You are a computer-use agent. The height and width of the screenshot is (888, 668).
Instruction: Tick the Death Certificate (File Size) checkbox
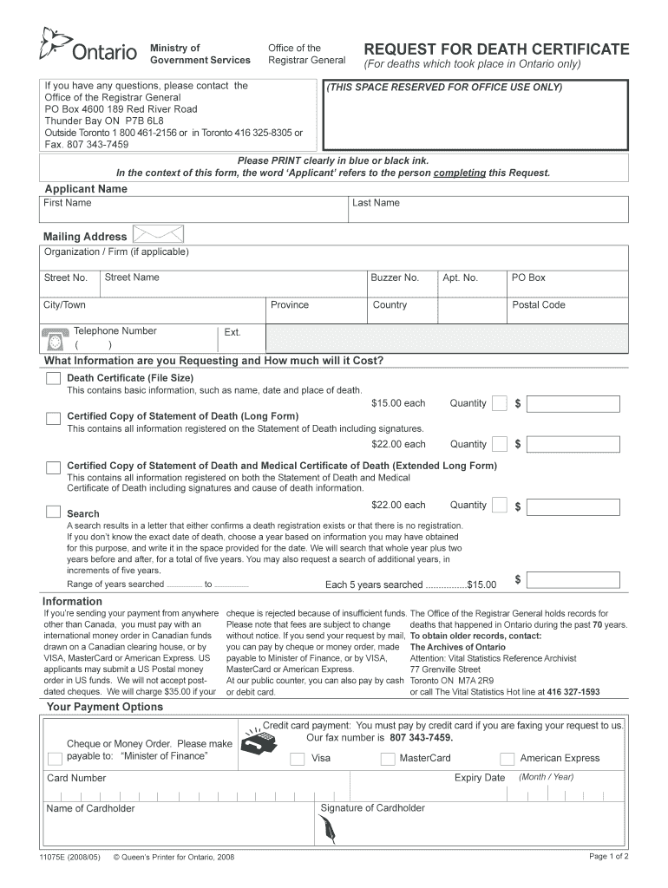click(53, 379)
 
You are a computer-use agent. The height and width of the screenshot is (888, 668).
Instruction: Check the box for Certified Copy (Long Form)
click(53, 420)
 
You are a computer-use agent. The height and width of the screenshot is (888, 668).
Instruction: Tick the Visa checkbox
click(298, 759)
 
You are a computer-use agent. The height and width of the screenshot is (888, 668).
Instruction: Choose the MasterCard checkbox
click(388, 759)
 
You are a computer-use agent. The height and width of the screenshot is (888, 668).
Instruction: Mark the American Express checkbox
click(508, 759)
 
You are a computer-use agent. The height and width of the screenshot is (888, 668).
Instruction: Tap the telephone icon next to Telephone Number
click(56, 339)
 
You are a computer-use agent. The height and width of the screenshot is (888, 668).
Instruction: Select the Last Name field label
click(376, 203)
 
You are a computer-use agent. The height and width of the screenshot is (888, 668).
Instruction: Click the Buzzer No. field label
click(395, 278)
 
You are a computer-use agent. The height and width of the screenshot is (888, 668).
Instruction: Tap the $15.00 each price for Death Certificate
click(398, 403)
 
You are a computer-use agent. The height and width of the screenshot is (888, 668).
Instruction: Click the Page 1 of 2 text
click(608, 857)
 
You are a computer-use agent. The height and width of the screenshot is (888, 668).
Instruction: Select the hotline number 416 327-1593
click(567, 692)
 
